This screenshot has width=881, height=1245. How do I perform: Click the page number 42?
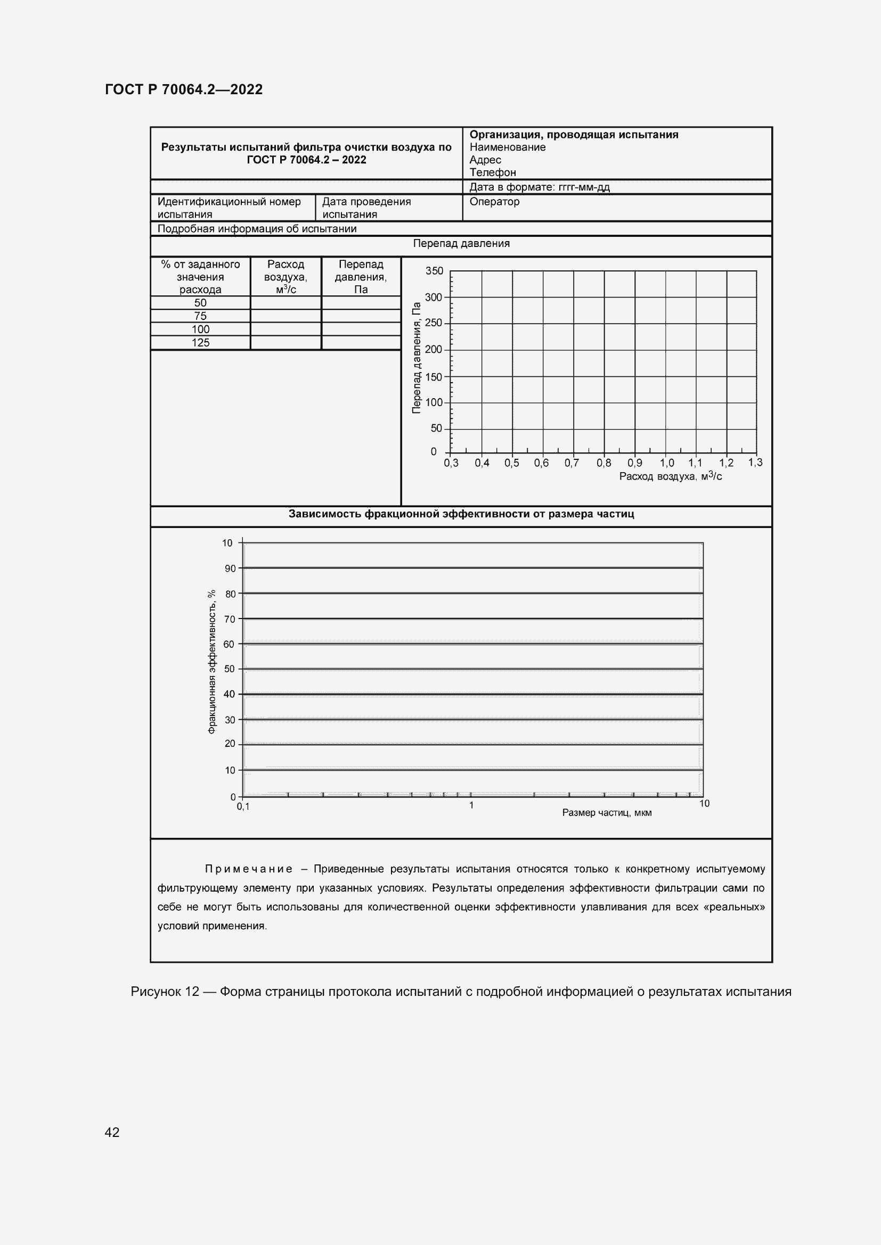112,1132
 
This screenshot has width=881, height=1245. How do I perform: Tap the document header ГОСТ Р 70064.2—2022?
183,89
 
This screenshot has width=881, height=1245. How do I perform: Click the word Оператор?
494,202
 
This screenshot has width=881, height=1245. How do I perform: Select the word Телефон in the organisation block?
493,172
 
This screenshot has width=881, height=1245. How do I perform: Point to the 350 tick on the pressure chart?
434,270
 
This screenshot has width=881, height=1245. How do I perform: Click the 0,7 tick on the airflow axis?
571,463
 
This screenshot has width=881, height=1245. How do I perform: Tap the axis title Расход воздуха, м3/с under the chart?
670,476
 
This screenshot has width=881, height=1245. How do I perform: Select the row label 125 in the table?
200,343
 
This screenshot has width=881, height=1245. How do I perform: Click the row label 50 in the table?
200,303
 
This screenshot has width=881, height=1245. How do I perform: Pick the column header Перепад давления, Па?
361,277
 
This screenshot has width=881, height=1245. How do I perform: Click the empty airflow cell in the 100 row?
285,329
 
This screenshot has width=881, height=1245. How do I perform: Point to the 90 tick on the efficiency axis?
230,568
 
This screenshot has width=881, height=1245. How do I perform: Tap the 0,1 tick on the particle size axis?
243,806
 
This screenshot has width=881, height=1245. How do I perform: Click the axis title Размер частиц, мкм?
607,813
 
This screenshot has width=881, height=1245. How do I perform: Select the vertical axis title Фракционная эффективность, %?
212,662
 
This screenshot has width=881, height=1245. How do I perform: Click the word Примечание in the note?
248,869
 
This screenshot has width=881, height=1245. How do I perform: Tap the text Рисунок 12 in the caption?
165,992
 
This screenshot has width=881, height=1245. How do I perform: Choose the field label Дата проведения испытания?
366,208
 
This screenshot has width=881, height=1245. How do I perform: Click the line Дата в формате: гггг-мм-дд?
539,187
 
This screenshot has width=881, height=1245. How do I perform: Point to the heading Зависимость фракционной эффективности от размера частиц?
461,514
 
